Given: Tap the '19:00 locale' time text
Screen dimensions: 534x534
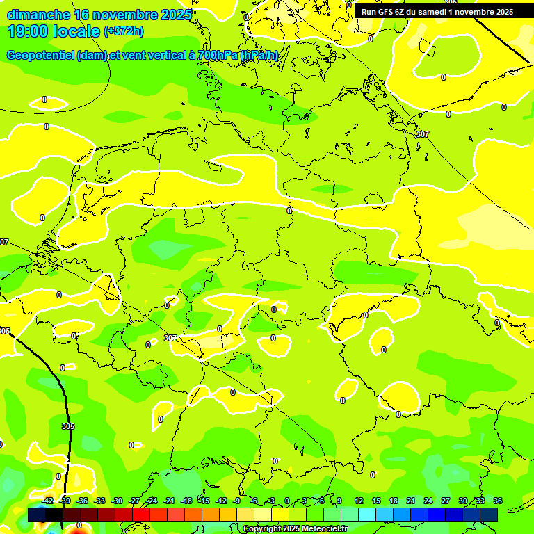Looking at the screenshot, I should [x=54, y=31].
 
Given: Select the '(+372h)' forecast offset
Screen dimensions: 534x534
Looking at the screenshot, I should [x=124, y=31].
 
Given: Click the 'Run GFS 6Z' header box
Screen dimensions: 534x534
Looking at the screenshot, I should [x=437, y=11].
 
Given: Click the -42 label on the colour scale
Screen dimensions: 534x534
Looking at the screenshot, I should [x=47, y=501].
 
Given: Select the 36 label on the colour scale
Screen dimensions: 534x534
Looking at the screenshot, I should [x=498, y=501].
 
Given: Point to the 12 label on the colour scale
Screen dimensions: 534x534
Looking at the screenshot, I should [x=359, y=501].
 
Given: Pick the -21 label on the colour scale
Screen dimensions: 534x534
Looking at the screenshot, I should [x=169, y=501].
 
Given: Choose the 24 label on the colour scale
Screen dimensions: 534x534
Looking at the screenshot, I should [x=428, y=501].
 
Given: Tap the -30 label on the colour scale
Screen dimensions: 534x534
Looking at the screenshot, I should [x=117, y=501].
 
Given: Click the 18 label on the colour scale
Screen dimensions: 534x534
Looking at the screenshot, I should [x=394, y=501].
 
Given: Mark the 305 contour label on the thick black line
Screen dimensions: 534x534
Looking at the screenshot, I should [x=67, y=426].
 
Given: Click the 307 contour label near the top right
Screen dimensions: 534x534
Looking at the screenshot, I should [x=422, y=133].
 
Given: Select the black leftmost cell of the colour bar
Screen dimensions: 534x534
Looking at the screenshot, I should [x=37, y=515].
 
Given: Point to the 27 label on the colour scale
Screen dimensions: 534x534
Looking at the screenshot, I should [x=446, y=501].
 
